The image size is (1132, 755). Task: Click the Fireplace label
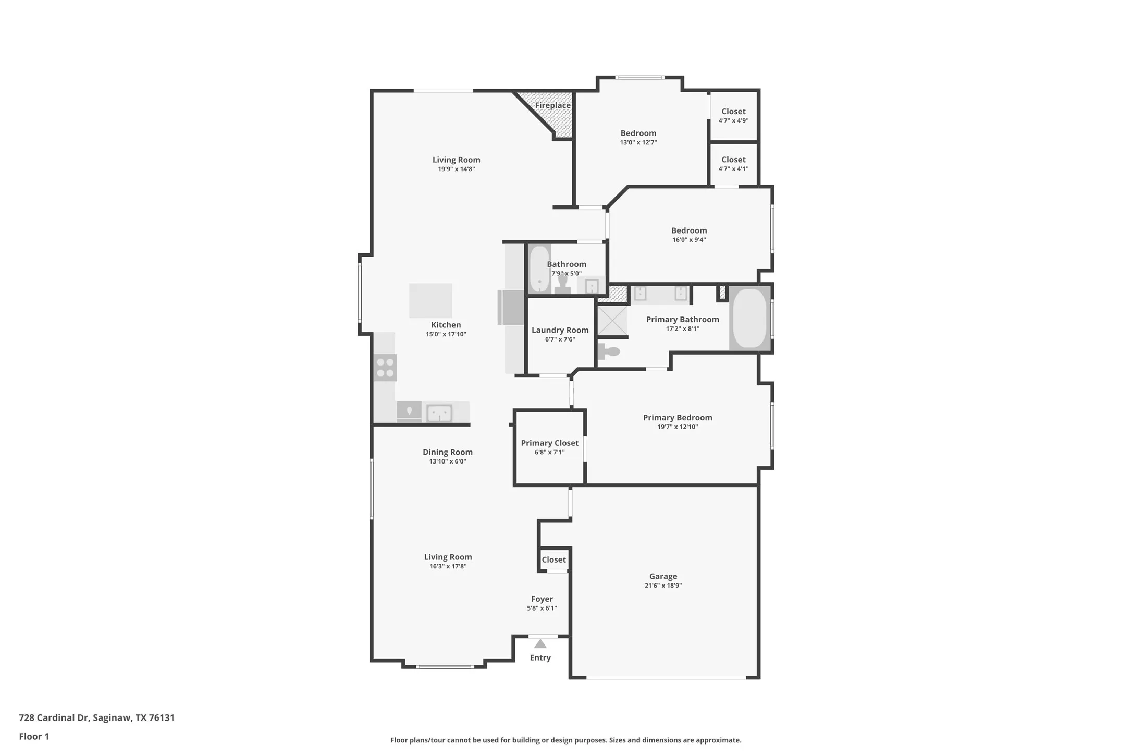click(x=552, y=105)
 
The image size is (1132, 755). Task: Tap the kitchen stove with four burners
click(x=385, y=368)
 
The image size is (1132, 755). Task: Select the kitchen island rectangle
click(x=430, y=300)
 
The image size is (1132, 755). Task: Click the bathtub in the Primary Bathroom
click(x=749, y=318)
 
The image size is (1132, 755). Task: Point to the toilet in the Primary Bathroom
click(x=608, y=351)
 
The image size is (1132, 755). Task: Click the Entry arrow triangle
click(x=540, y=644)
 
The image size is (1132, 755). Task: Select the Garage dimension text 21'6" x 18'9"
click(x=663, y=586)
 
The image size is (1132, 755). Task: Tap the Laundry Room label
click(x=560, y=330)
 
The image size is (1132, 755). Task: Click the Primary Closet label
click(x=549, y=443)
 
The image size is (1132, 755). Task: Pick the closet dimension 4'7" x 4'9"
click(x=733, y=121)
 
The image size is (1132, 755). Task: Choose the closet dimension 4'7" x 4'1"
click(x=733, y=169)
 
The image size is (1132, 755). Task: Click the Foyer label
click(x=542, y=599)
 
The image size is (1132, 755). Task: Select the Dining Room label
click(x=447, y=452)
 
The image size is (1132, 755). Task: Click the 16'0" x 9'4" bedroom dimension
click(x=688, y=240)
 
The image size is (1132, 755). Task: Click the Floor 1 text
click(x=34, y=736)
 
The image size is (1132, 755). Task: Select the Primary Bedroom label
click(x=677, y=417)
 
